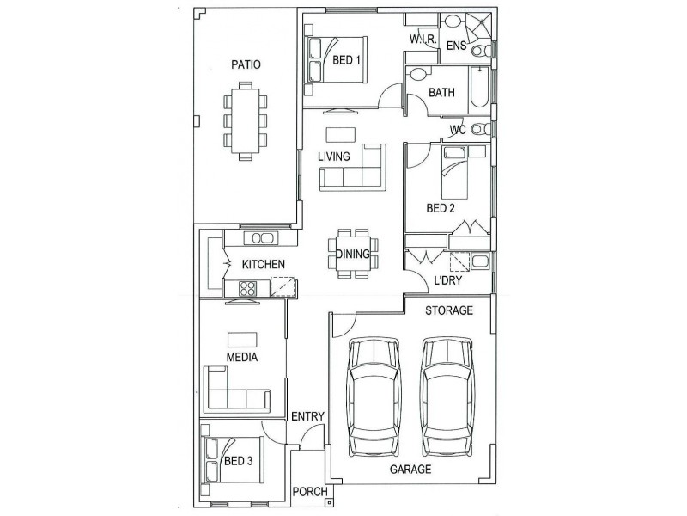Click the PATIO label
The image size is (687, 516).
click(x=246, y=65)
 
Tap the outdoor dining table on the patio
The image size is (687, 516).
click(x=246, y=120)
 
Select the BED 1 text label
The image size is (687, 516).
click(x=346, y=59)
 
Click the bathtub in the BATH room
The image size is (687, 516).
click(x=479, y=89)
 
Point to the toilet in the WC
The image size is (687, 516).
click(x=481, y=130)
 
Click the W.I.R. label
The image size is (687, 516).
click(x=423, y=39)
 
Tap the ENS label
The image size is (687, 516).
click(x=456, y=46)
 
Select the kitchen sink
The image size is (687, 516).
click(x=263, y=238)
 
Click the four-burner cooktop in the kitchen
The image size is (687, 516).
click(x=247, y=289)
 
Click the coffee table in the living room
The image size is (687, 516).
click(x=340, y=135)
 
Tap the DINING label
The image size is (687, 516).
click(x=353, y=254)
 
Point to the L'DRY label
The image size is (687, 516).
click(x=447, y=280)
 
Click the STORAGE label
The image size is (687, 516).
click(x=449, y=310)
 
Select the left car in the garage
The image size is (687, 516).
click(x=374, y=397)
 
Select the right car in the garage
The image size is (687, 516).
click(x=447, y=397)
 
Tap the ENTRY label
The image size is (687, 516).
click(x=307, y=416)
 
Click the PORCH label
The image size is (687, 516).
click(x=310, y=492)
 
